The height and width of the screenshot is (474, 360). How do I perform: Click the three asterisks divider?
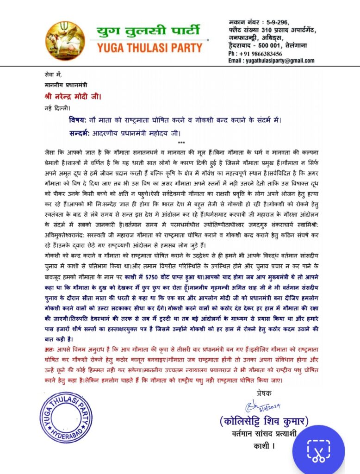pos(181,143)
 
